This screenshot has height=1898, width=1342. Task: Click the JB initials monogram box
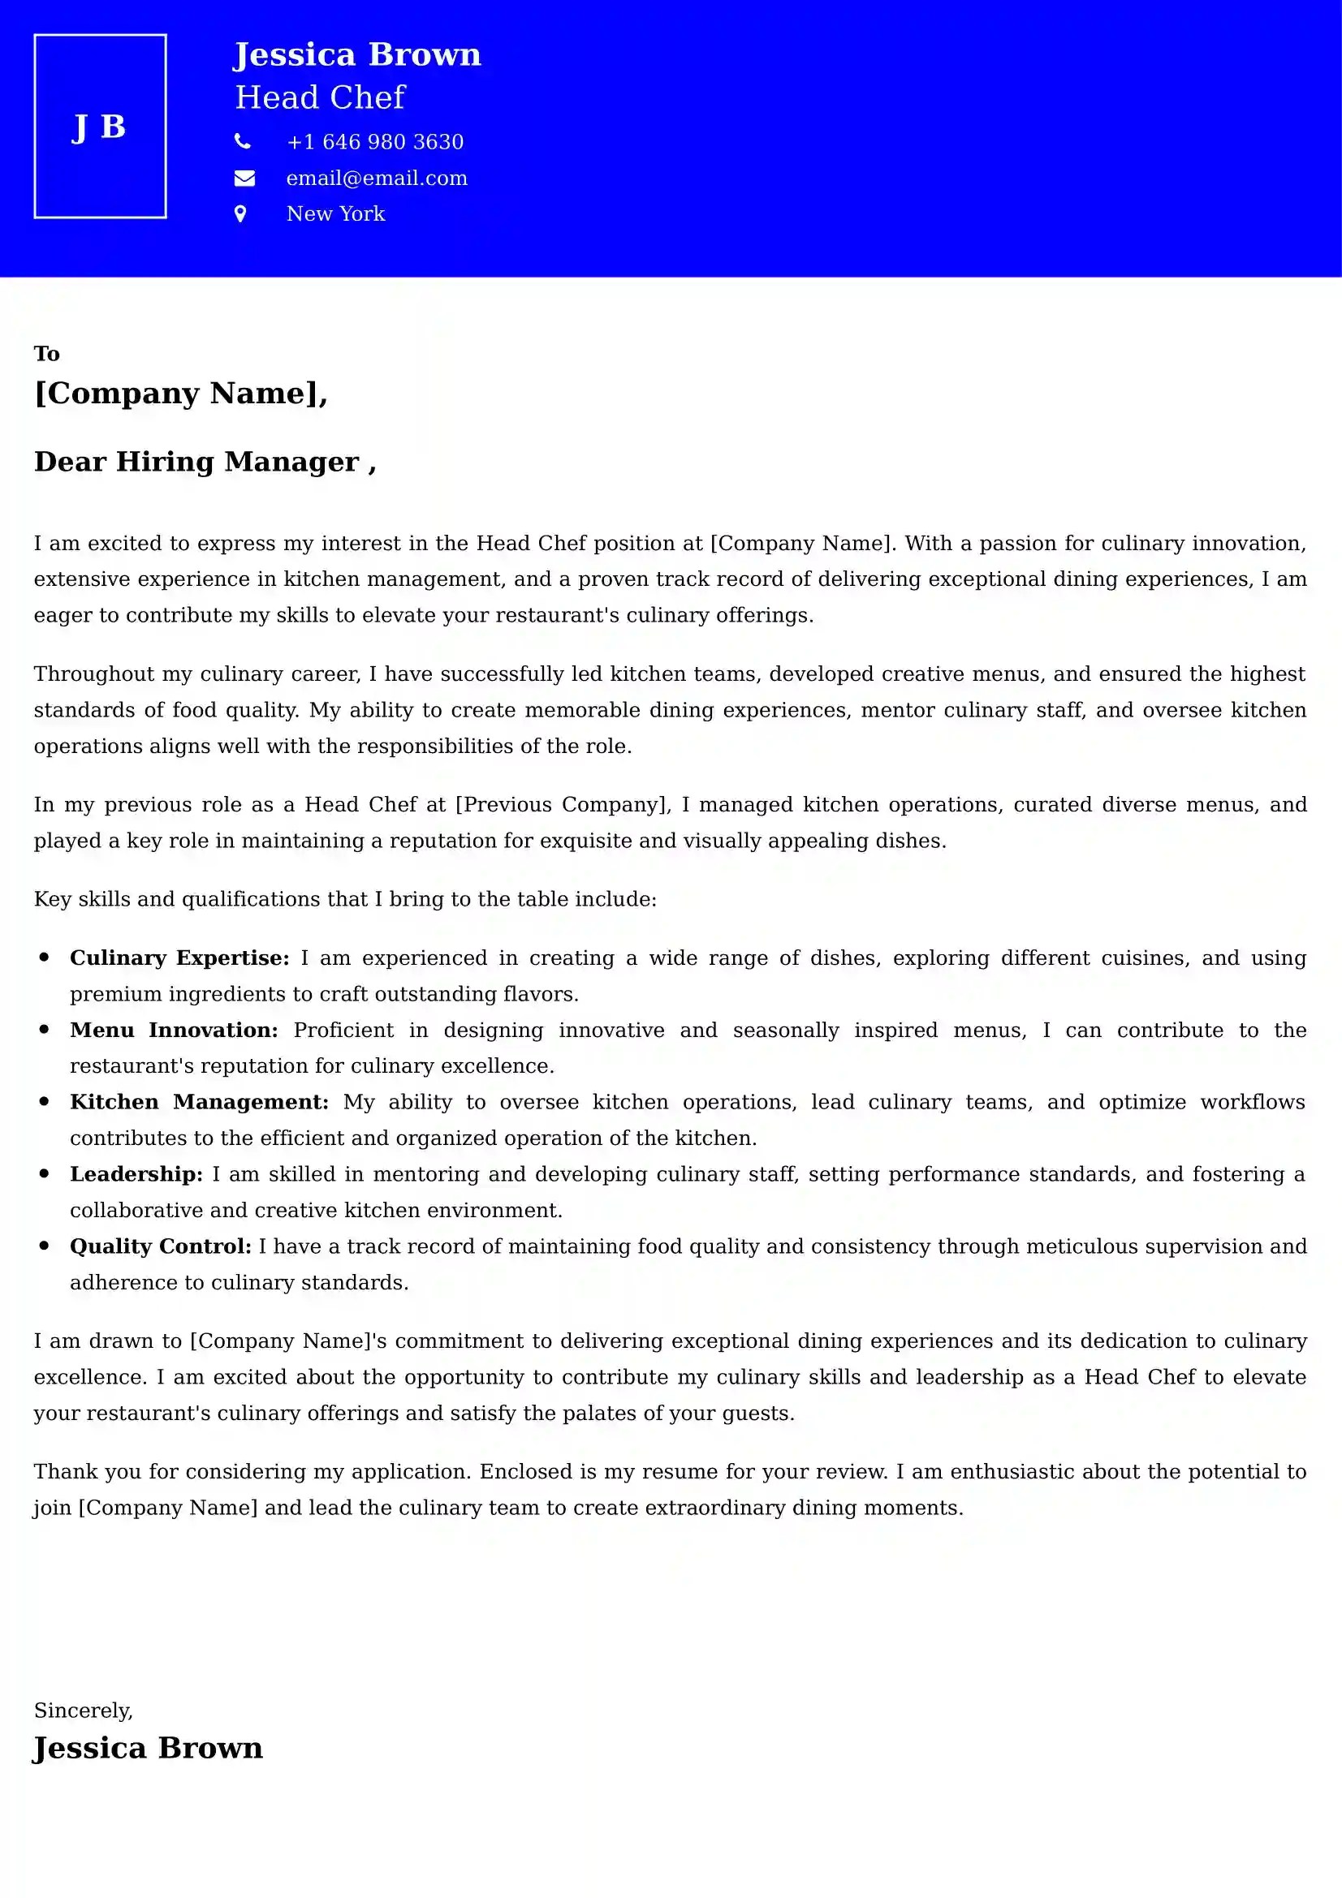point(100,127)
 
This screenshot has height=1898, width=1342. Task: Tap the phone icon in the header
point(242,141)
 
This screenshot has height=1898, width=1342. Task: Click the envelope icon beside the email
point(244,178)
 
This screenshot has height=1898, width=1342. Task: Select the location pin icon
point(240,214)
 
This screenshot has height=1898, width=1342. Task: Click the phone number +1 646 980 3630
point(374,142)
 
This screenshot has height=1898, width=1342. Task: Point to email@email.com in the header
point(376,179)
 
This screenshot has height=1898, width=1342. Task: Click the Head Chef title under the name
point(320,97)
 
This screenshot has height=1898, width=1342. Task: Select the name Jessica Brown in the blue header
point(356,54)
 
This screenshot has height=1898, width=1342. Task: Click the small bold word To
point(46,354)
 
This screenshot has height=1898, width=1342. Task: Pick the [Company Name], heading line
point(180,394)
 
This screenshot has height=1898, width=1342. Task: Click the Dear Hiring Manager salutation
point(205,461)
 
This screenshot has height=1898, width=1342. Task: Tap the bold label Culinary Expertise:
point(179,958)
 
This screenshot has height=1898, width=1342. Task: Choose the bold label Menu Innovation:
point(174,1030)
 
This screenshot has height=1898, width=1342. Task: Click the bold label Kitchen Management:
point(198,1102)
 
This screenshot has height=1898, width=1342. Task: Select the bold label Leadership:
point(136,1174)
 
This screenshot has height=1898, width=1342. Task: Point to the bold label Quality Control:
point(160,1246)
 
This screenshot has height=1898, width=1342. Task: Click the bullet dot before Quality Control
point(45,1246)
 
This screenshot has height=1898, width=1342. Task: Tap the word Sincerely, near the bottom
point(83,1711)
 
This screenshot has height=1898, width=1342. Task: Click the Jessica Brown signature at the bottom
point(148,1749)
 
